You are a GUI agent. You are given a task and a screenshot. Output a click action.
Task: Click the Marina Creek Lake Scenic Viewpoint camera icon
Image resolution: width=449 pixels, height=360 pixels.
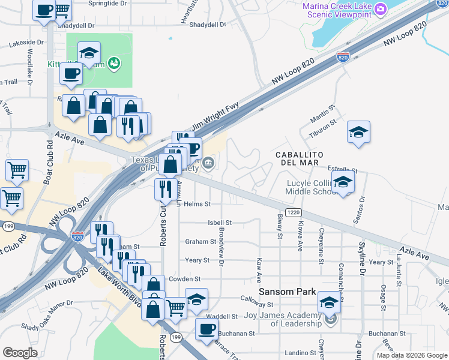pyautogui.click(x=379, y=9)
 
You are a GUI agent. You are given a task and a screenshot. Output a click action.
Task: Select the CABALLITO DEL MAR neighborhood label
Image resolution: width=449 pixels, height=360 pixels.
pyautogui.click(x=300, y=159)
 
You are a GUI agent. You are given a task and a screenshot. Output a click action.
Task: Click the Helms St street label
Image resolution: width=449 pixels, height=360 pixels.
pyautogui.click(x=197, y=204)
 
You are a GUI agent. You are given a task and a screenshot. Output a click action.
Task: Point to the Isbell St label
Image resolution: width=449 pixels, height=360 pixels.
pyautogui.click(x=219, y=223)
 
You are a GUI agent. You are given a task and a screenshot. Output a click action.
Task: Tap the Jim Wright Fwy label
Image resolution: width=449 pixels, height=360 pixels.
pyautogui.click(x=214, y=118)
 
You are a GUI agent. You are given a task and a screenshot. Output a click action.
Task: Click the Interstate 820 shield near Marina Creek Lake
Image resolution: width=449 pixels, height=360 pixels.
pyautogui.click(x=343, y=58)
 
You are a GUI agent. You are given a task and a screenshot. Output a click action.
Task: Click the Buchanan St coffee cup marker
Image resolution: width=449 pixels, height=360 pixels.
pyautogui.click(x=207, y=329)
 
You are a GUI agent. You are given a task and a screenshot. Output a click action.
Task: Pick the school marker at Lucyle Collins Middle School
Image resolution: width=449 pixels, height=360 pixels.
pyautogui.click(x=343, y=182)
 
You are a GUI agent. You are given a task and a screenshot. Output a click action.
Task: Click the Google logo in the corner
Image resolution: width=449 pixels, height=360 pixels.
pyautogui.click(x=20, y=353)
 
